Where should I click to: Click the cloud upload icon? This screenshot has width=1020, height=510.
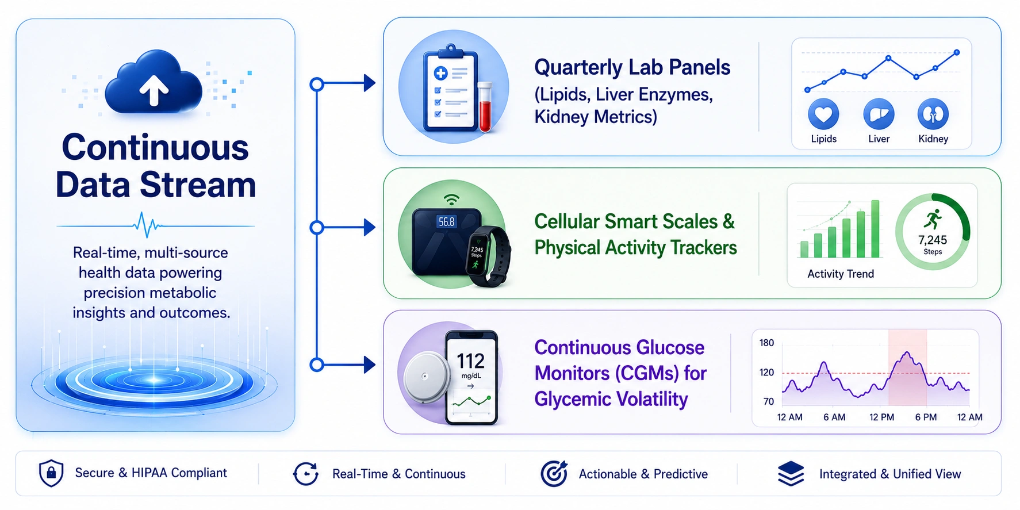point(154,82)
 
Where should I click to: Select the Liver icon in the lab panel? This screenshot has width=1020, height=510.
point(879,114)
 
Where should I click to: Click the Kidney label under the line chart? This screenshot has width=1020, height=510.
point(933,139)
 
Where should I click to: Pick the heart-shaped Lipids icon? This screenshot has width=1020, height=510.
point(823,114)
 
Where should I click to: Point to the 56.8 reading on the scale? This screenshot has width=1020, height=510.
point(446,221)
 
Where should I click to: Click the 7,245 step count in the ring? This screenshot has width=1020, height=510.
point(933,240)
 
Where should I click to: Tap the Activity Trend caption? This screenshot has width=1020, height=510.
point(841,274)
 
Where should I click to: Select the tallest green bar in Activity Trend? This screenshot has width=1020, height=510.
point(875,229)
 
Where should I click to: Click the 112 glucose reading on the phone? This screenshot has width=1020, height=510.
point(470,361)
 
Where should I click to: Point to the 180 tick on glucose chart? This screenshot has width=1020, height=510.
point(766,343)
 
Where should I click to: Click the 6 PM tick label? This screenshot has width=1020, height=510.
point(926,417)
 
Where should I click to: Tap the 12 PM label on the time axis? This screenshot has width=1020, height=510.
point(881,417)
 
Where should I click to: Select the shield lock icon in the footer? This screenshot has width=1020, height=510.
point(51,473)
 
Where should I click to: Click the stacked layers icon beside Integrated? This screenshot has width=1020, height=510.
point(791,473)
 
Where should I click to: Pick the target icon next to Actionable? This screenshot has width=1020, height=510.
point(554,473)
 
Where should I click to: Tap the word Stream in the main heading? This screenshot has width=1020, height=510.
point(198,185)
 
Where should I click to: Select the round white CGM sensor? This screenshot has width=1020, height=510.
point(426,377)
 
